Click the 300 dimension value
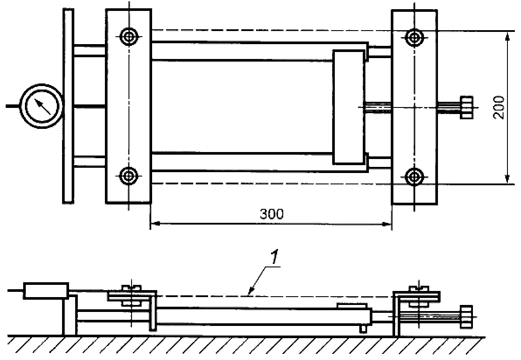tap(272, 214)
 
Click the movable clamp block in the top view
tap(348, 107)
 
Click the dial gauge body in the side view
tap(46, 291)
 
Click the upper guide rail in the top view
tap(258, 51)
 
